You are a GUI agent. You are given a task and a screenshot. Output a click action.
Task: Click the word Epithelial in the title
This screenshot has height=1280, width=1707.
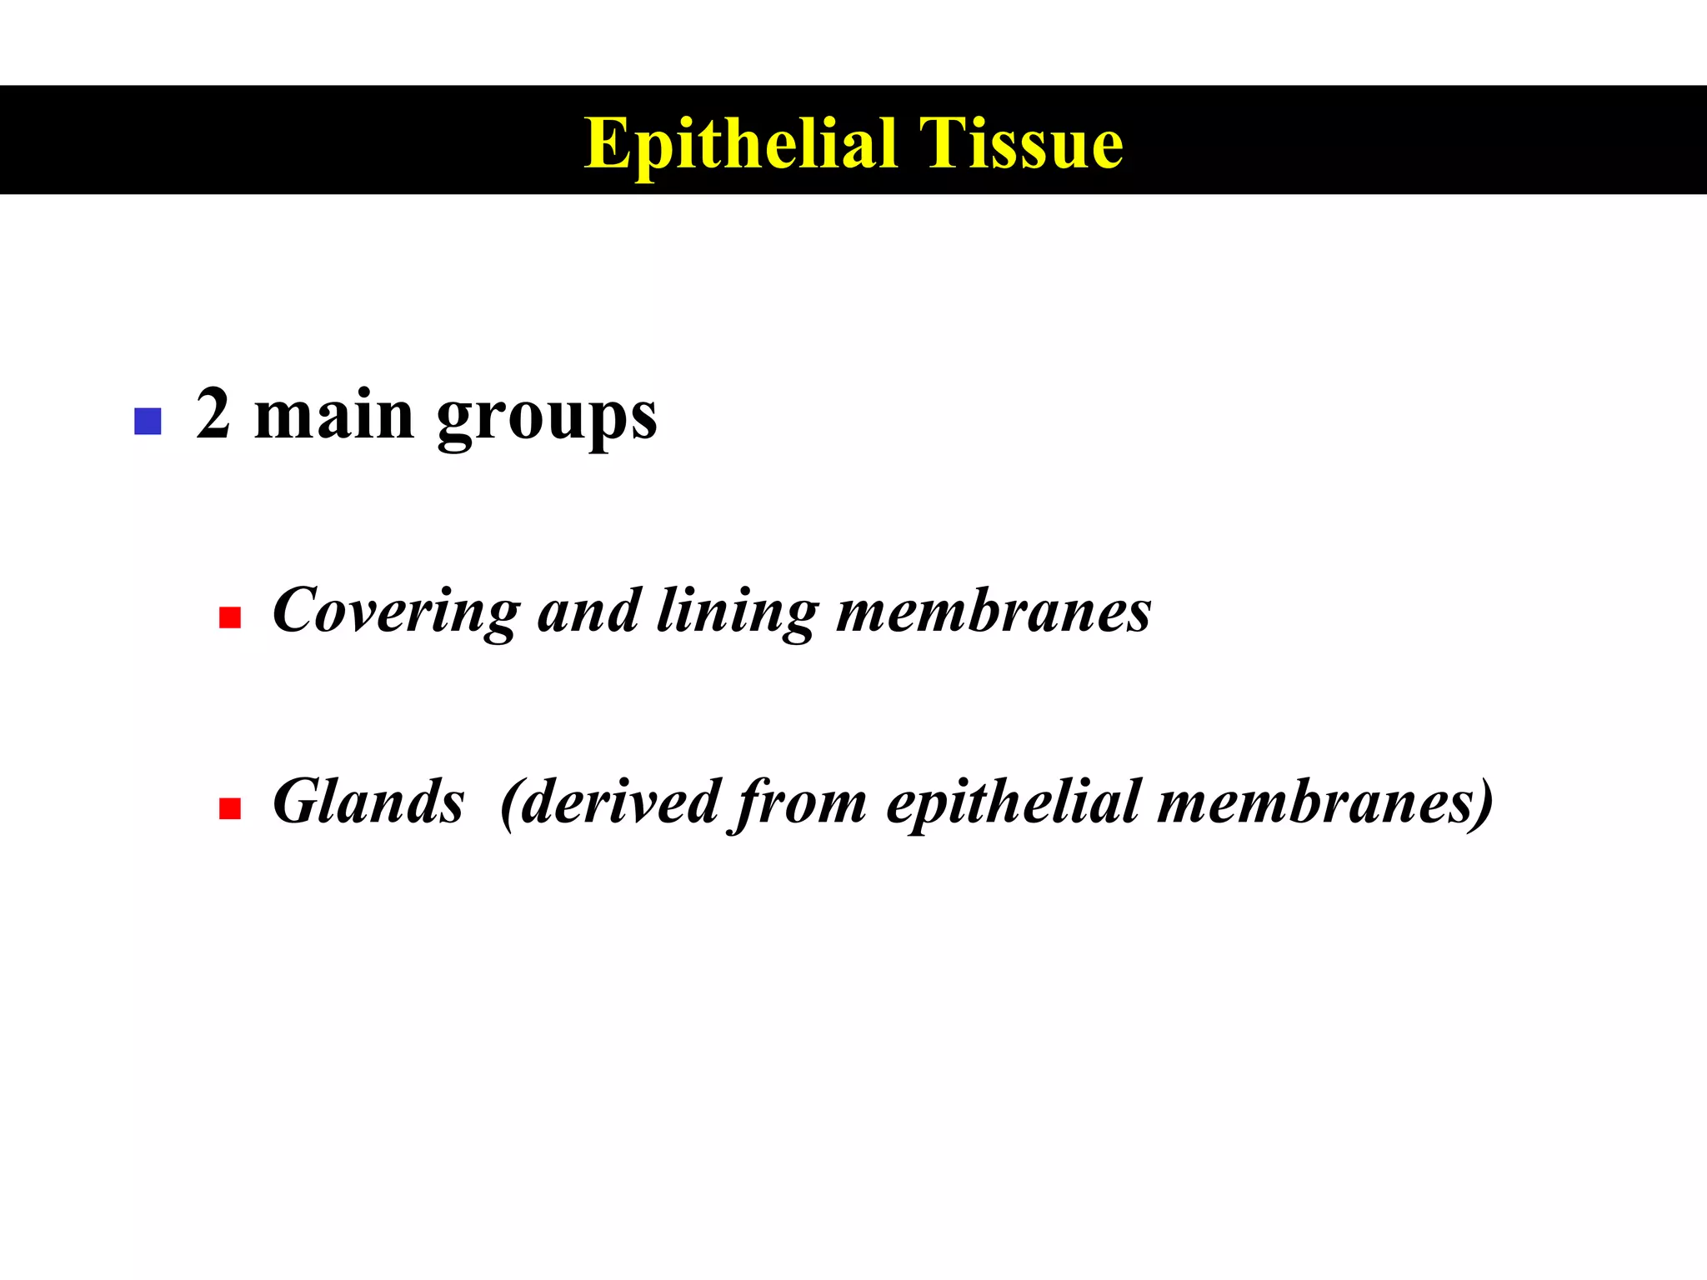pyautogui.click(x=740, y=143)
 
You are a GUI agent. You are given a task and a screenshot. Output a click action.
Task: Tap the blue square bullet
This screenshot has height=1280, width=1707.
pyautogui.click(x=148, y=421)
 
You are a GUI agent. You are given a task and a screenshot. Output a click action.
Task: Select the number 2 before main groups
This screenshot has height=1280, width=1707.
pyautogui.click(x=213, y=414)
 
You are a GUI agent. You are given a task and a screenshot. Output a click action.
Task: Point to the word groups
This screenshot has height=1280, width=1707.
pyautogui.click(x=547, y=418)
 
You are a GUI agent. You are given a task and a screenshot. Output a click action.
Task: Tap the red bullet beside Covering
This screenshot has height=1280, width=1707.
pyautogui.click(x=230, y=617)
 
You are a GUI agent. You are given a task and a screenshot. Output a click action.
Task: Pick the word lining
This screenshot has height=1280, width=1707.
pyautogui.click(x=737, y=612)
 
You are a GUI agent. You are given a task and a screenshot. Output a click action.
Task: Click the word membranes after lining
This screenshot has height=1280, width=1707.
pyautogui.click(x=994, y=611)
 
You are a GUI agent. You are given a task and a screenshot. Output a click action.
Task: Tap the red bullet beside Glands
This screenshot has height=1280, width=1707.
pyautogui.click(x=230, y=808)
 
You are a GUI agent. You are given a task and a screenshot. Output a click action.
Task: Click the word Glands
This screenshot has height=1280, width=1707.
pyautogui.click(x=368, y=802)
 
